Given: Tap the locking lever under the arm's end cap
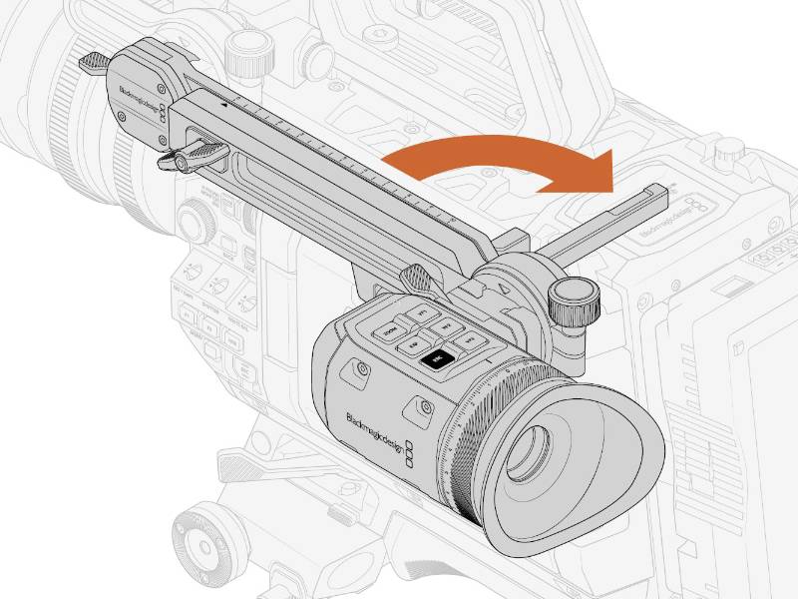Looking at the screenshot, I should point(195,155).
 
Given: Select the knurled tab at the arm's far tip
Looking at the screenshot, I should point(94,61).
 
